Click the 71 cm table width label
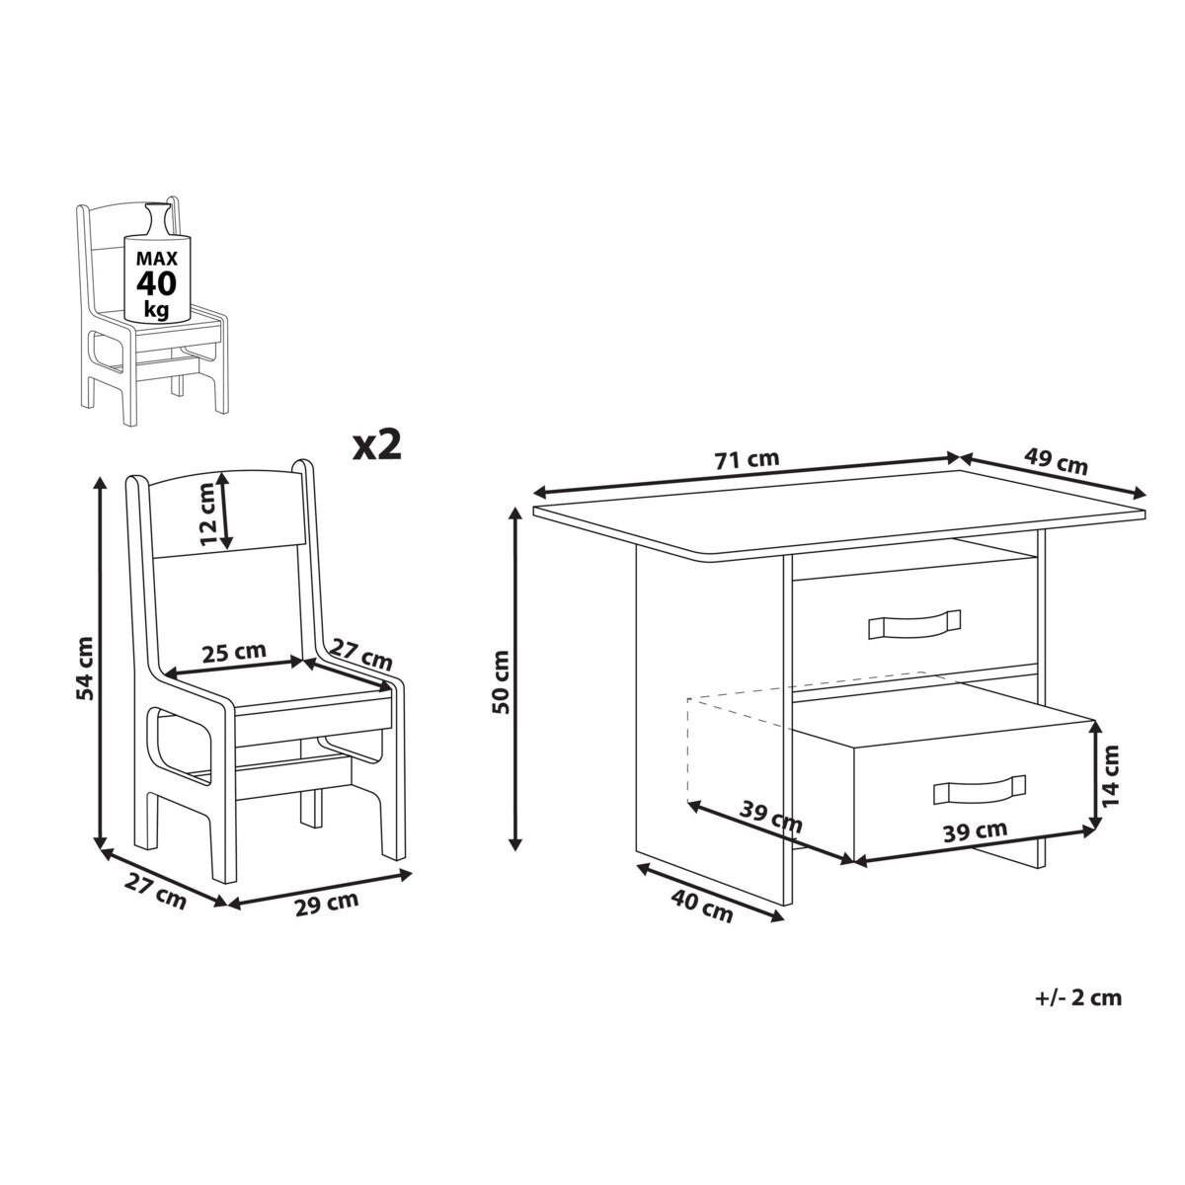748,459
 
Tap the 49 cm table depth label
1056,461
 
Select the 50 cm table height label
502,682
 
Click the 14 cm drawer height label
1110,775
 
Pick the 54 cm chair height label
84,668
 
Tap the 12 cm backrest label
208,514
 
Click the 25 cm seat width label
234,652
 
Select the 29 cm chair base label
327,904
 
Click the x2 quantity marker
377,444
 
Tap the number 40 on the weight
156,283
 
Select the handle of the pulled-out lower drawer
980,790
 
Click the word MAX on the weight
157,258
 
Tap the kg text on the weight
156,310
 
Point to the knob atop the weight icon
156,219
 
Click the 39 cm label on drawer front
976,830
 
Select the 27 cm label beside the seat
361,655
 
